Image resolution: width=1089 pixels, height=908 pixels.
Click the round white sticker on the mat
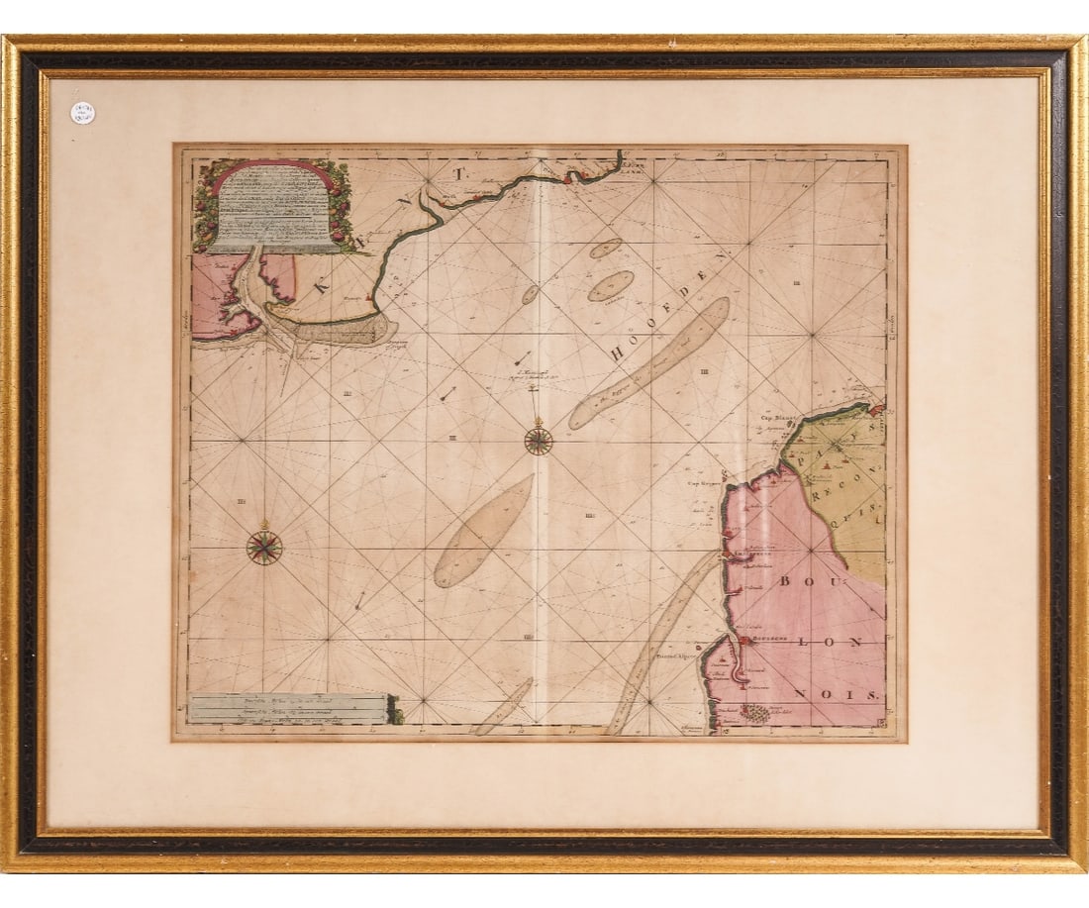83,113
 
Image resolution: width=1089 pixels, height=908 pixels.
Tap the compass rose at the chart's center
539,440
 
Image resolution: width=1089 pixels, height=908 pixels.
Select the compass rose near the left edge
263,547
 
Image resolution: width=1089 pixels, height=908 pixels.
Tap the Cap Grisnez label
702,484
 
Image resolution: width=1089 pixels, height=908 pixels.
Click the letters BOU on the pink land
798,581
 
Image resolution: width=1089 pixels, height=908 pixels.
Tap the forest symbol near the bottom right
757,712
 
